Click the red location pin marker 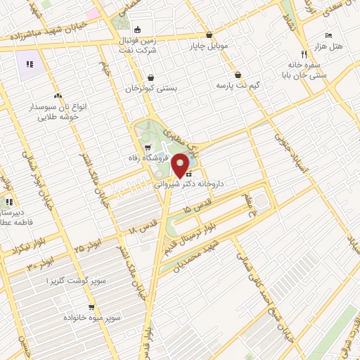click(180, 165)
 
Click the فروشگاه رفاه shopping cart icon click(147, 148)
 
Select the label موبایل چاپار click(209, 47)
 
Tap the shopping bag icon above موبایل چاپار click(209, 35)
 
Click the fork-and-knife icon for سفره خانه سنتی click(304, 53)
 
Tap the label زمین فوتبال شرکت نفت click(141, 45)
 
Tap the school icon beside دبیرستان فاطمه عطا click(8, 202)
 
